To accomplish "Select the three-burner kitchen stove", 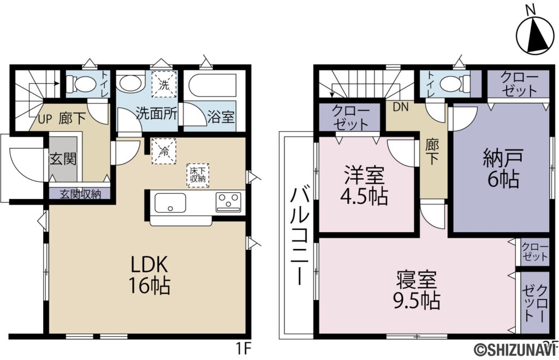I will click(x=230, y=202).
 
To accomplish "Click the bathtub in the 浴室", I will click(x=210, y=86).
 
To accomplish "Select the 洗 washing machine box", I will click(x=164, y=85).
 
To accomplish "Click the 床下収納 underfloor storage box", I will click(x=197, y=175).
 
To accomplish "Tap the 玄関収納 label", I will click(x=80, y=193).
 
